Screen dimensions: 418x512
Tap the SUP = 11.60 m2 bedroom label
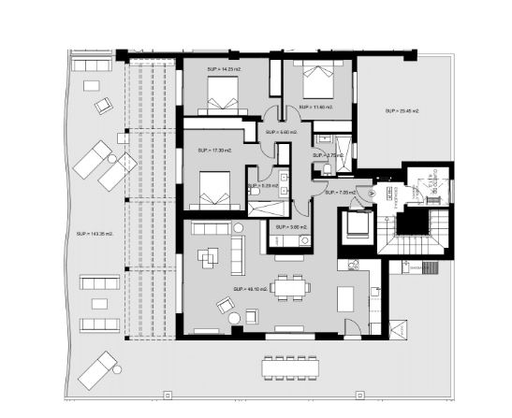tap(312, 108)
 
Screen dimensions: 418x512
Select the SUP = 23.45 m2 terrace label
tap(402, 111)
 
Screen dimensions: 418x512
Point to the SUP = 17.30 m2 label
tap(214, 150)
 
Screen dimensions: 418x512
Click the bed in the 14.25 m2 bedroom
tap(224, 94)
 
